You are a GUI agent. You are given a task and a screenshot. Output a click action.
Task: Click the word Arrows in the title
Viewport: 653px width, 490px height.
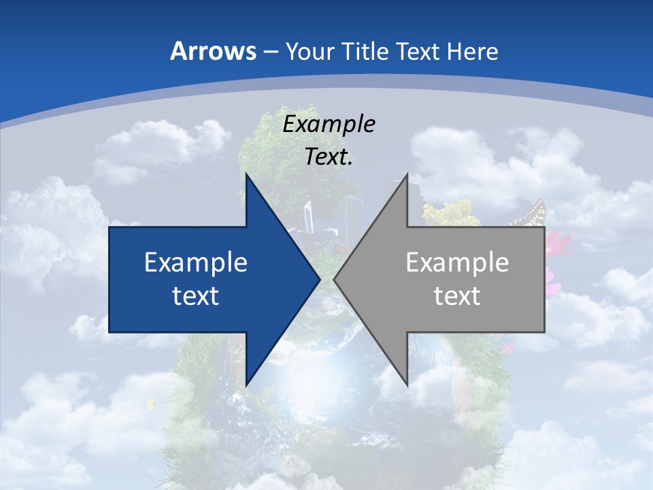coord(214,51)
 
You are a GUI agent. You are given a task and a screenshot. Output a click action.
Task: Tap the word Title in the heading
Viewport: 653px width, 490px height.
coord(366,52)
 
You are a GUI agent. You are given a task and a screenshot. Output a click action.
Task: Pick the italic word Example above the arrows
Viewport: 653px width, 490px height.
coord(329,125)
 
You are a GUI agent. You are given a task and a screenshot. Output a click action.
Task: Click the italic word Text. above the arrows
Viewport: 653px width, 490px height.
coord(329,157)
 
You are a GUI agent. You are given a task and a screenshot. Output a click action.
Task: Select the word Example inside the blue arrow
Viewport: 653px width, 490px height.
coord(196,262)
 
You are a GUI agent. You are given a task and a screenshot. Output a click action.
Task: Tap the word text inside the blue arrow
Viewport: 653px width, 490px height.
coord(196,295)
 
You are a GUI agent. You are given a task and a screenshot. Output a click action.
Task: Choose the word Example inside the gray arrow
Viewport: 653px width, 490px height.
coord(457,262)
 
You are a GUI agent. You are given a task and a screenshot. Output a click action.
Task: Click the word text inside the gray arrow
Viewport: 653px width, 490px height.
coord(457,295)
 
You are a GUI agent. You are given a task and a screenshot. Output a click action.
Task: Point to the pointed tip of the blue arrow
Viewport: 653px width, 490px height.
coord(320,279)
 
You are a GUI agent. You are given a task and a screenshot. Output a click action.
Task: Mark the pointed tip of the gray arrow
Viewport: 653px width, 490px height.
coord(335,279)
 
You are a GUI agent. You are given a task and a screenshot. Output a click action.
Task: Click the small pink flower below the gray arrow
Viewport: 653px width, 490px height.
coord(507,348)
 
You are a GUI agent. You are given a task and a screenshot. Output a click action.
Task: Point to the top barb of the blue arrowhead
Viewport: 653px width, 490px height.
coord(247,176)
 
